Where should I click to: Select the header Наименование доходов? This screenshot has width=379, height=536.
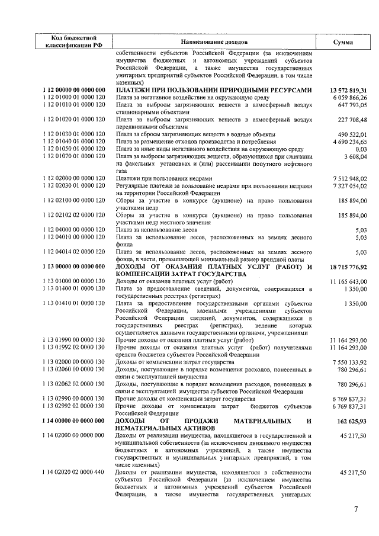point(214,43)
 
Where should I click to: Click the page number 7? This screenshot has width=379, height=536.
point(356,509)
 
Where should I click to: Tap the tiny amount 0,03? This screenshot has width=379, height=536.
point(361,149)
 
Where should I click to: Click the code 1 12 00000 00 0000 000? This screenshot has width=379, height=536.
point(74,89)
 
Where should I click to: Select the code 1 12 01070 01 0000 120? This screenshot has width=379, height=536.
point(74,156)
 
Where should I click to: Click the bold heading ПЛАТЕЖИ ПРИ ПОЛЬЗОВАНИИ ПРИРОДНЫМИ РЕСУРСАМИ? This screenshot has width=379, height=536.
point(214,89)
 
